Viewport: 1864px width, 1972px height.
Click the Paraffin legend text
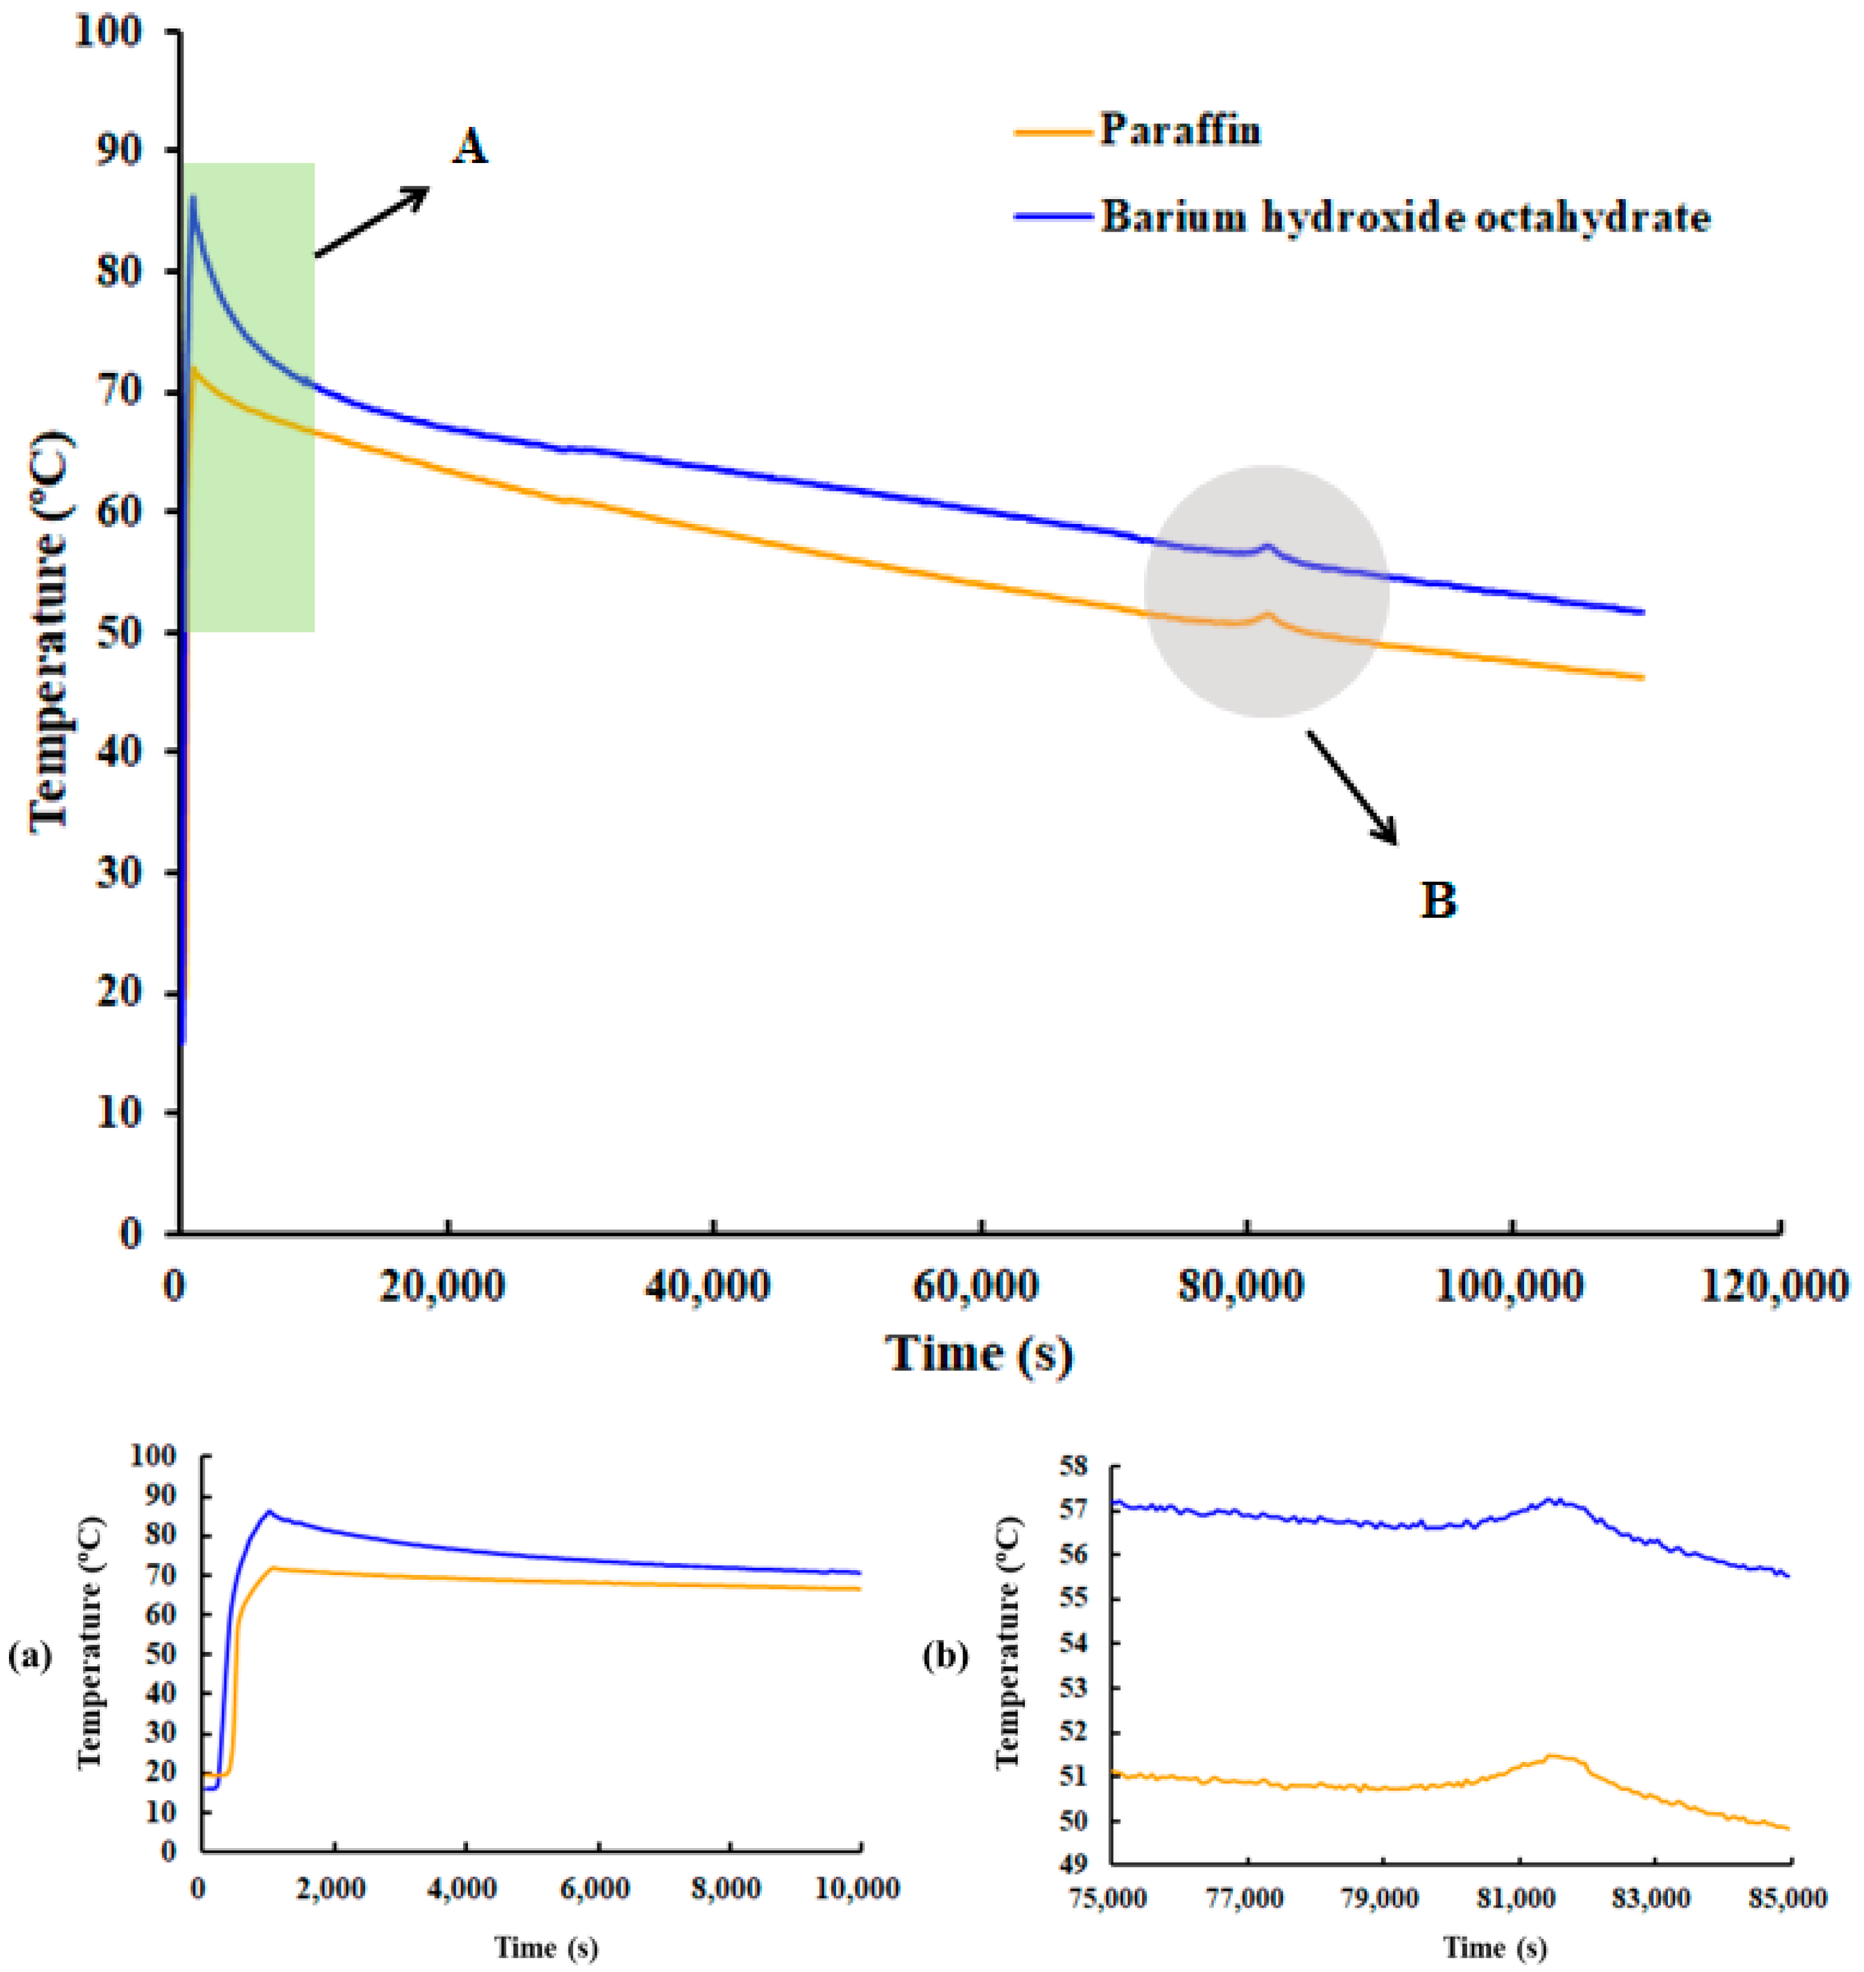click(x=1180, y=130)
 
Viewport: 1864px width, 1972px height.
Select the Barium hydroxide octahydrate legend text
click(x=1405, y=217)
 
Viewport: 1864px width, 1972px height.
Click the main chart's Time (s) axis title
click(x=979, y=1354)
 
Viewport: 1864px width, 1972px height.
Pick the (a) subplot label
click(x=30, y=1656)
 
